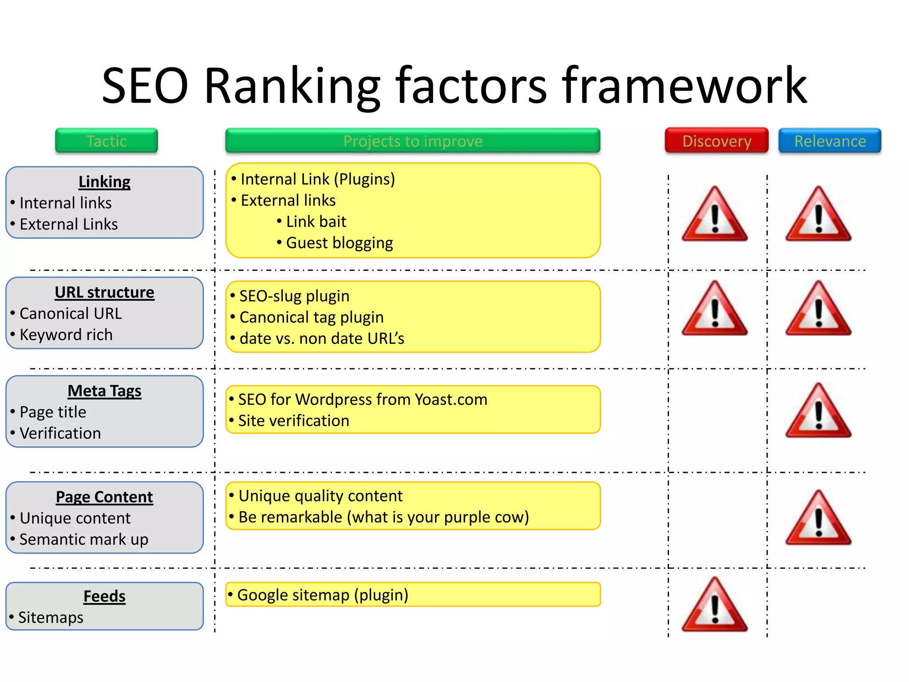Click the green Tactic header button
pos(107,141)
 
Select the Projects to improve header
pos(413,141)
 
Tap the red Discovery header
pos(716,141)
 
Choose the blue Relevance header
pos(830,141)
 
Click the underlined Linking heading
pos(104,182)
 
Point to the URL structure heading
pos(104,292)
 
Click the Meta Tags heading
pos(104,391)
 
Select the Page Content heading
pos(104,497)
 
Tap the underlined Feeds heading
pos(104,596)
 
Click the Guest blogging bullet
pos(340,243)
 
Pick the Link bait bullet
pos(316,222)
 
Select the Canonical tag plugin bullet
pos(312,317)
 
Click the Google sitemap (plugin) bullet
pos(323,595)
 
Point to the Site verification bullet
pos(293,420)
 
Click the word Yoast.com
pos(451,399)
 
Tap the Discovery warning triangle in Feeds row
pos(715,605)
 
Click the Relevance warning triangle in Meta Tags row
pos(818,412)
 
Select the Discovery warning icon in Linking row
pos(715,215)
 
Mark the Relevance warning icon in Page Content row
pos(818,519)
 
